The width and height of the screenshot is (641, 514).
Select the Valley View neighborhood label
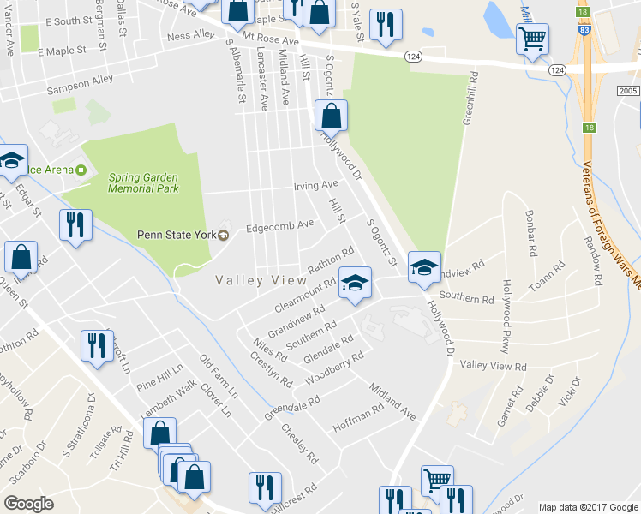(x=261, y=280)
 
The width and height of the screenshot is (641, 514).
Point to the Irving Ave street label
(x=316, y=185)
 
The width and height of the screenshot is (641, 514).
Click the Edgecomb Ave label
(x=280, y=225)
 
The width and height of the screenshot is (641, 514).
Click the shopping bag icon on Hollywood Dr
(x=331, y=115)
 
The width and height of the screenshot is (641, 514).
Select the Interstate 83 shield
(x=583, y=29)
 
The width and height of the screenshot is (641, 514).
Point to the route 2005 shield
(x=626, y=90)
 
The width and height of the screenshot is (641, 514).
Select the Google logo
(x=28, y=504)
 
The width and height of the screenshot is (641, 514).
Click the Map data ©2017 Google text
(x=587, y=507)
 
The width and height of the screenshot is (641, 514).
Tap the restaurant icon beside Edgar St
(x=75, y=225)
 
